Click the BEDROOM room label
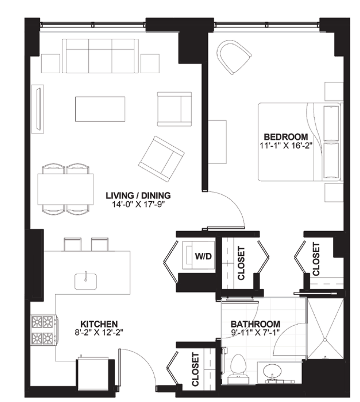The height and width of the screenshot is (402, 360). pos(286,137)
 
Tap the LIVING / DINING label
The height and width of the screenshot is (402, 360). pos(138,196)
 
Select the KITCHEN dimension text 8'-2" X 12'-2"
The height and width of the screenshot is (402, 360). pos(99,332)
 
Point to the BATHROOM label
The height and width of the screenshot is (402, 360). pos(255,324)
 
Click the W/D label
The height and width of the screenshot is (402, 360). pos(203,256)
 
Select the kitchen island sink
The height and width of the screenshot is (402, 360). pos(86,281)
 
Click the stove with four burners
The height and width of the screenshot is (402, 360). pos(44,330)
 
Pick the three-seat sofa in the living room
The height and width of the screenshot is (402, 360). pos(100,56)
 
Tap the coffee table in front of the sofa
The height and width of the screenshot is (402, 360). pos(100,109)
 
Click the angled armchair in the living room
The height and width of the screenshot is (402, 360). pos(162,159)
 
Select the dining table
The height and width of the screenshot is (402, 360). pos(66,189)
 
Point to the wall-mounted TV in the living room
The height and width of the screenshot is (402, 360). pos(38,109)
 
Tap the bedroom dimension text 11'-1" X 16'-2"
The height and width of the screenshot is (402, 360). pos(286,146)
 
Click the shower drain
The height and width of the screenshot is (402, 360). pos(325,340)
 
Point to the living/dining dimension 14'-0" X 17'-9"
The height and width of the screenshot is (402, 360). pos(138,205)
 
